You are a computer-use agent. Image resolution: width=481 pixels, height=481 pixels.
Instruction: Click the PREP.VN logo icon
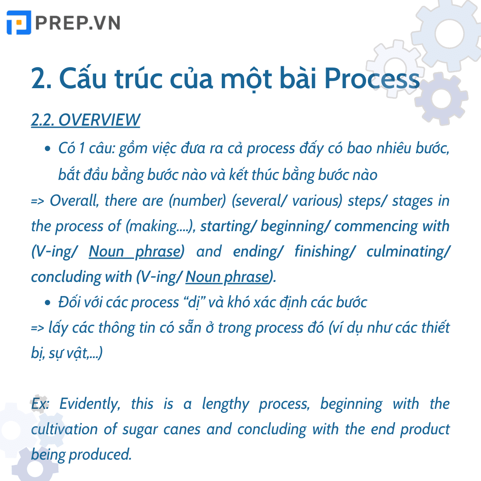[x=19, y=23]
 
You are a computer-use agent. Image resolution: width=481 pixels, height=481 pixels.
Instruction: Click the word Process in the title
[x=371, y=79]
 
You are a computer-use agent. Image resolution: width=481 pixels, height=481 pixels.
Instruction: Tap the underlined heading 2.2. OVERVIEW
[x=86, y=120]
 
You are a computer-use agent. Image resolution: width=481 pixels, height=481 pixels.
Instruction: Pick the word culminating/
[x=408, y=251]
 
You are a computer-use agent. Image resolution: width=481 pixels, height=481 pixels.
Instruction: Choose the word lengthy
[x=225, y=404]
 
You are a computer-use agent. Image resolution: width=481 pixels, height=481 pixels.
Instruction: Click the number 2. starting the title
[x=41, y=79]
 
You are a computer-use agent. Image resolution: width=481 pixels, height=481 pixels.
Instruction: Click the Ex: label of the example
[x=41, y=404]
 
